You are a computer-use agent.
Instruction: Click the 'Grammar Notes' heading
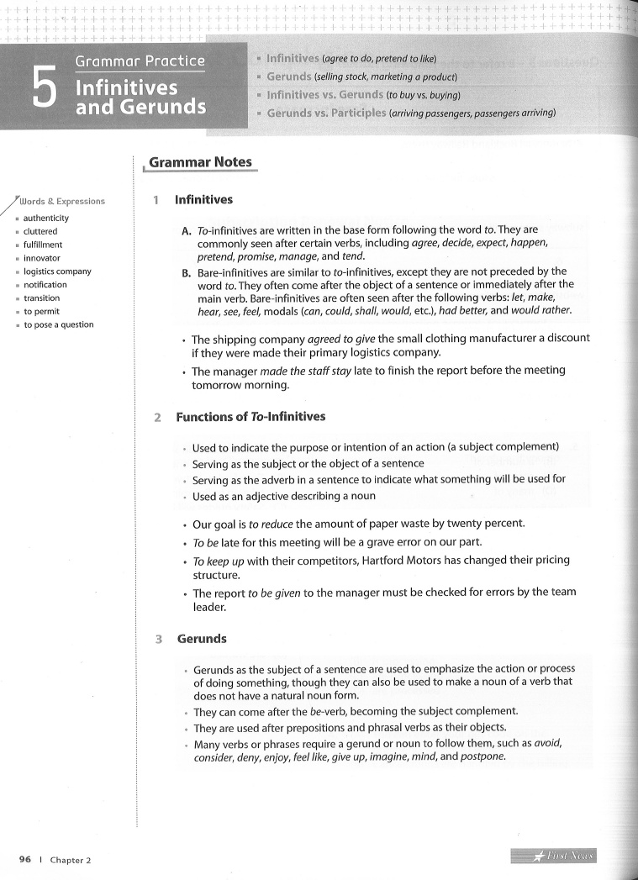pyautogui.click(x=200, y=162)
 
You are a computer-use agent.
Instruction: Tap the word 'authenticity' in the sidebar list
pyautogui.click(x=46, y=218)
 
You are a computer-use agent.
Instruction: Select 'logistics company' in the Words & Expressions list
pyautogui.click(x=57, y=271)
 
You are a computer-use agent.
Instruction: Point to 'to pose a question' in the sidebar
pyautogui.click(x=59, y=324)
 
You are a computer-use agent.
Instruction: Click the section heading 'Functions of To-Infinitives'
pyautogui.click(x=250, y=417)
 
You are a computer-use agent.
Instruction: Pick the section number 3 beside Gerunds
pyautogui.click(x=159, y=639)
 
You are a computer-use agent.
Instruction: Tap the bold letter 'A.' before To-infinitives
pyautogui.click(x=187, y=229)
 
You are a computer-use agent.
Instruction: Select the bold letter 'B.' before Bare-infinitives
pyautogui.click(x=187, y=271)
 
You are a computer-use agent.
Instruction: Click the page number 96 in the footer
pyautogui.click(x=25, y=860)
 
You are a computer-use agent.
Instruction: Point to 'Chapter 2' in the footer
pyautogui.click(x=71, y=860)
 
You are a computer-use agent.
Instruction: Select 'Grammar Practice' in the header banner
pyautogui.click(x=140, y=61)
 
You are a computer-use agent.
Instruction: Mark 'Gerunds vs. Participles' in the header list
pyautogui.click(x=326, y=112)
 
